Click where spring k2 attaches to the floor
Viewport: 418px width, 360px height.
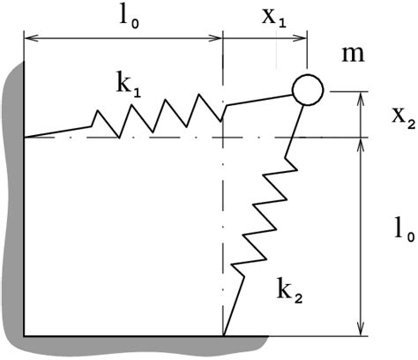[x=224, y=335]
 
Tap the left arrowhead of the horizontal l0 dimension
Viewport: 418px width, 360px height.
[x=30, y=38]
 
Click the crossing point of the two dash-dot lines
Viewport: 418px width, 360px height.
[x=224, y=138]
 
